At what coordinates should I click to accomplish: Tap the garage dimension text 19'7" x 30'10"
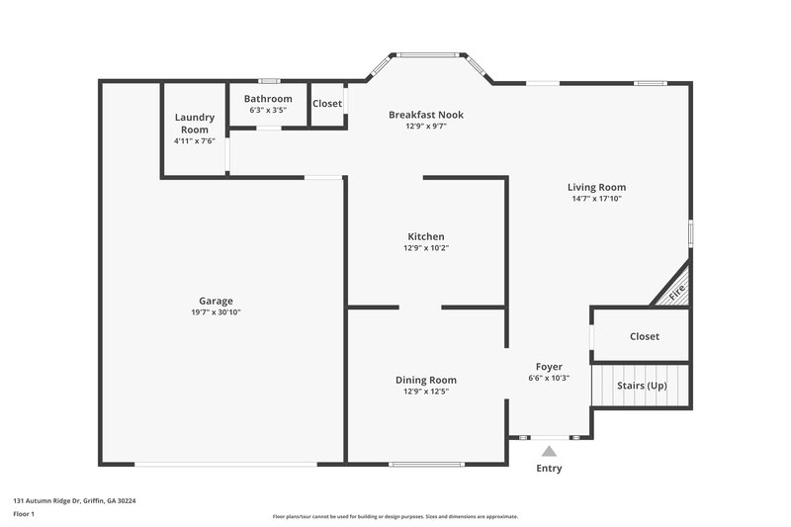tap(216, 312)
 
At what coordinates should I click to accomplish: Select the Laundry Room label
tap(195, 124)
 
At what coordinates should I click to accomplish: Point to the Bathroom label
tap(268, 99)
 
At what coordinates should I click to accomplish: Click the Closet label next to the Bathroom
tap(327, 103)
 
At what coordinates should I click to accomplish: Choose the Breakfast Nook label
tap(425, 115)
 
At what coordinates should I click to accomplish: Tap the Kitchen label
tap(426, 236)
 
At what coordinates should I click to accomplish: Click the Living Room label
tap(596, 187)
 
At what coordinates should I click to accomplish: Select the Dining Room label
tap(426, 380)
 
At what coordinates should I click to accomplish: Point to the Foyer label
tap(549, 367)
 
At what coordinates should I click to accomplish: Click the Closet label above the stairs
tap(644, 336)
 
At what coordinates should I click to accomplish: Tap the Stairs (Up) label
tap(641, 385)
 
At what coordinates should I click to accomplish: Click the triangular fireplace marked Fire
tap(676, 292)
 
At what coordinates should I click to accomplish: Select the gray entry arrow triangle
tap(549, 451)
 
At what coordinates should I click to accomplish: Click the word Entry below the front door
tap(549, 469)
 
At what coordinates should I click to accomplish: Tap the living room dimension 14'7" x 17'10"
tap(596, 199)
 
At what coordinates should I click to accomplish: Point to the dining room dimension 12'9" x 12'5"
tap(426, 392)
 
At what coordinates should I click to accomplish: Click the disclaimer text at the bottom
tap(395, 516)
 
